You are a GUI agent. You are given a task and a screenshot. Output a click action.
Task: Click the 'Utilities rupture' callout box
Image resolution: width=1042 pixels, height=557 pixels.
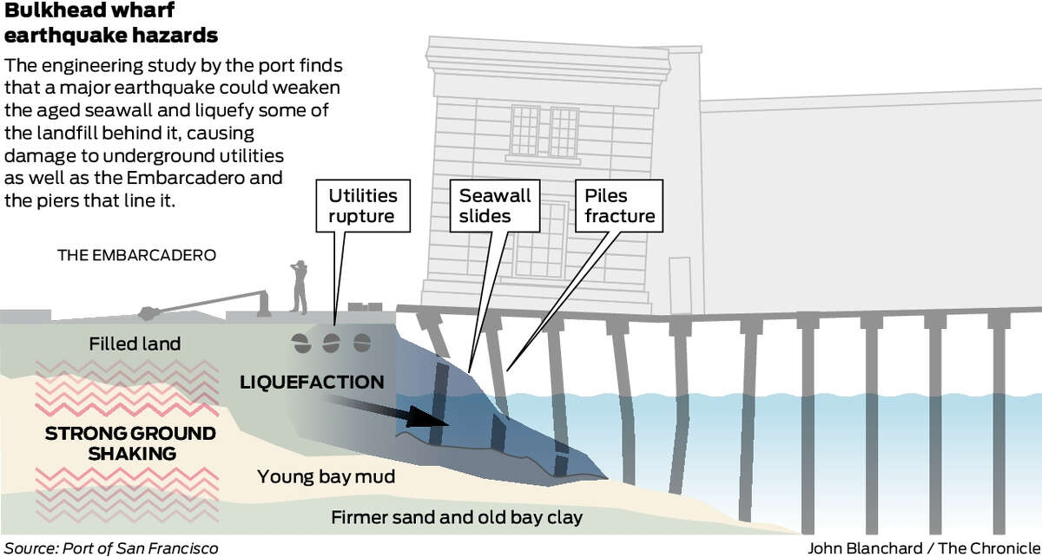click(363, 206)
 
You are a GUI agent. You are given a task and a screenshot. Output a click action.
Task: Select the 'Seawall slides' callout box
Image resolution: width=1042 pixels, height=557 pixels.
click(494, 206)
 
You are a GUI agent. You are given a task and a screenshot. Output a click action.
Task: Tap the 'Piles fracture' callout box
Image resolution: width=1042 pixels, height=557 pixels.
click(619, 206)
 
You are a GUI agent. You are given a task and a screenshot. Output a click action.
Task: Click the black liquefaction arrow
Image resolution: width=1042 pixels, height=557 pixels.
click(386, 412)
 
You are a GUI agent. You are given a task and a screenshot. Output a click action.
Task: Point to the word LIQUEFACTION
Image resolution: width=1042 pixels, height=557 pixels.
click(312, 383)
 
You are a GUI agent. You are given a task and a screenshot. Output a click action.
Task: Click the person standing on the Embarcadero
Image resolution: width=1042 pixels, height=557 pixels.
click(299, 287)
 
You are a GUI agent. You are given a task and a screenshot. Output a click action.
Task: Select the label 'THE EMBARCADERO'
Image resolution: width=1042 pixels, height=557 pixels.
click(137, 255)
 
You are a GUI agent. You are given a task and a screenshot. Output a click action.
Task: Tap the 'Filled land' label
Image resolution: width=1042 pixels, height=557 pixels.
click(135, 344)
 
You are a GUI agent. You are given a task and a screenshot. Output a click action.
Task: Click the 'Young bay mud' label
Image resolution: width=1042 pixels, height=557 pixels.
click(326, 477)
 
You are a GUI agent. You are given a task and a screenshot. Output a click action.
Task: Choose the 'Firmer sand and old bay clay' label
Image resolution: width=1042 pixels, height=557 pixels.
click(457, 517)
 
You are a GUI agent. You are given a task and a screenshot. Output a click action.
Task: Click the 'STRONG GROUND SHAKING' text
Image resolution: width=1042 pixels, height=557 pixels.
click(131, 443)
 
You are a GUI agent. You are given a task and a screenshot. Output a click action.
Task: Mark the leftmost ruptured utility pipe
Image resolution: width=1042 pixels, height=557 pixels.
click(301, 344)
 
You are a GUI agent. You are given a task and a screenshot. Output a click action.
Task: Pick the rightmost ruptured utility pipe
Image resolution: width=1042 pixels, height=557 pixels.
click(362, 343)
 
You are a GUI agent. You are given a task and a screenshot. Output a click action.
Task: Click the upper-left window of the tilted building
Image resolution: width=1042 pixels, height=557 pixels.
click(524, 131)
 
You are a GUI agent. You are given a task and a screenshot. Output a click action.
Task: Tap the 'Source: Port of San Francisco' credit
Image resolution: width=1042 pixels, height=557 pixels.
click(111, 548)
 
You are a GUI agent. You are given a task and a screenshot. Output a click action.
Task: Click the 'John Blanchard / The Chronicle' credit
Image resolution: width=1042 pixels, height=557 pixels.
click(924, 548)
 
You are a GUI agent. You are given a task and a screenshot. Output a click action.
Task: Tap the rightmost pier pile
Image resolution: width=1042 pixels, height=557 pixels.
click(999, 423)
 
